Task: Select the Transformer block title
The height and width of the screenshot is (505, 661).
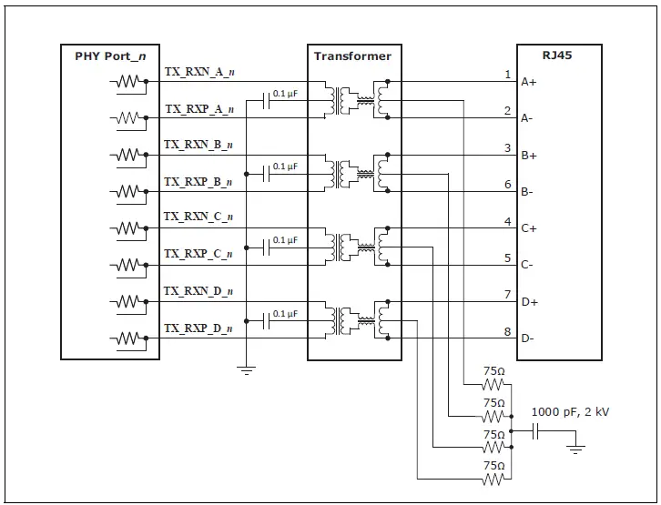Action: [352, 56]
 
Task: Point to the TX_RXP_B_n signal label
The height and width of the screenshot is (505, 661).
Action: [198, 182]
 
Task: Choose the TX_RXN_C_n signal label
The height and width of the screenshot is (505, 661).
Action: [198, 217]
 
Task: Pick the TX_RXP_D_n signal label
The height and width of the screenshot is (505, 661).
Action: [198, 328]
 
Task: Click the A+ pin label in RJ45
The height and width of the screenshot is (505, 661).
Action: [528, 82]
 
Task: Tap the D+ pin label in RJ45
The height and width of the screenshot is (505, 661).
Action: [528, 302]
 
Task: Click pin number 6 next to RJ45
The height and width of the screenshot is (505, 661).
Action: [508, 185]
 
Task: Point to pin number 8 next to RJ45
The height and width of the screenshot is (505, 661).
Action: [508, 332]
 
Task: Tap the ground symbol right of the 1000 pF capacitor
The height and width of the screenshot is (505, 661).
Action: [575, 447]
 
